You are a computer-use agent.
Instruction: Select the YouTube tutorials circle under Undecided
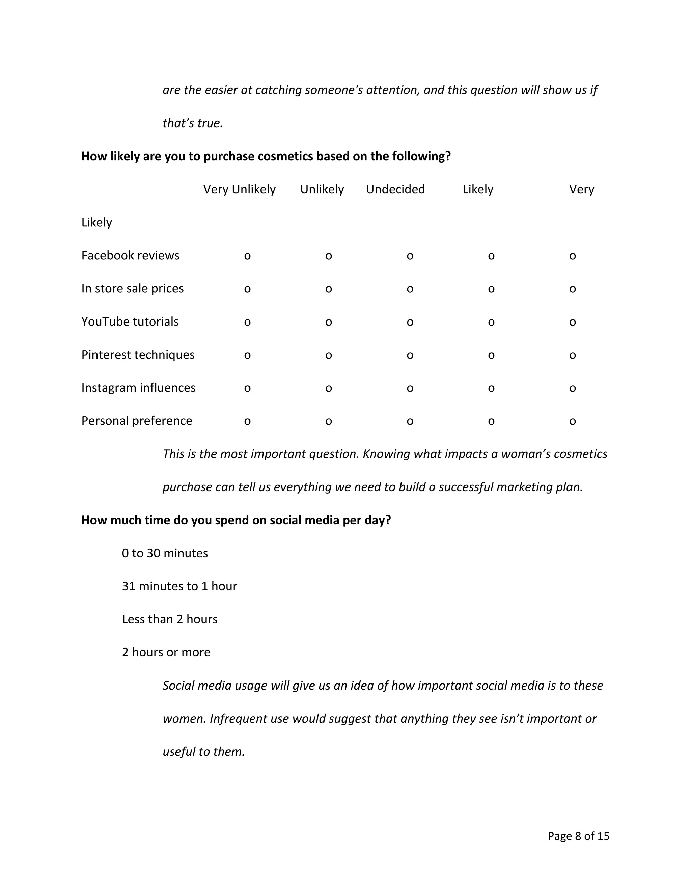410,323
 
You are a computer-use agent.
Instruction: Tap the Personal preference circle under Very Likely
572,422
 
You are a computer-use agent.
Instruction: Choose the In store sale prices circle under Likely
491,289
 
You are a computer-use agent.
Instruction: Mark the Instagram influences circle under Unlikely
328,388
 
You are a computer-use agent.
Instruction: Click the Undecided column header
395,189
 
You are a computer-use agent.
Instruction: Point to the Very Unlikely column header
239,189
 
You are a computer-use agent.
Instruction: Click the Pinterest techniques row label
138,355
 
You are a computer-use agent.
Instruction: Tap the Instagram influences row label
138,388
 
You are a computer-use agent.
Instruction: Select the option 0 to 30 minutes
165,553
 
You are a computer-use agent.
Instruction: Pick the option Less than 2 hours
169,619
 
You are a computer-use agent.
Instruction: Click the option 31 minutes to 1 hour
179,586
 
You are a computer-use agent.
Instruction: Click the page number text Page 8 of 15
578,836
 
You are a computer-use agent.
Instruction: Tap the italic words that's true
192,123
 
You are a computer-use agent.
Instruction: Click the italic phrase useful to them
203,752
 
